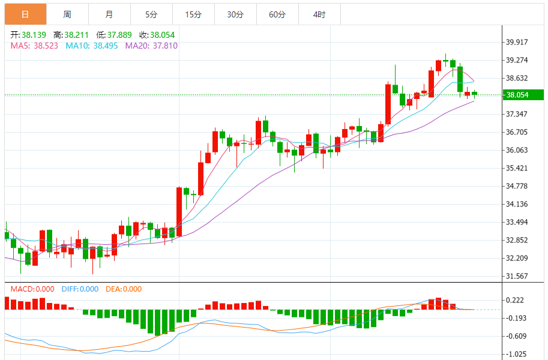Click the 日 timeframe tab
pyautogui.click(x=25, y=14)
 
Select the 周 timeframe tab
pyautogui.click(x=67, y=14)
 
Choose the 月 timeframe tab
pyautogui.click(x=109, y=14)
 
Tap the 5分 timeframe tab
pyautogui.click(x=151, y=14)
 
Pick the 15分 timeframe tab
pyautogui.click(x=193, y=14)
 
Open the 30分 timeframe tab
pyautogui.click(x=235, y=14)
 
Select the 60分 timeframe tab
pyautogui.click(x=277, y=14)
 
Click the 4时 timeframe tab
pyautogui.click(x=319, y=14)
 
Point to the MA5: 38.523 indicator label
pyautogui.click(x=34, y=46)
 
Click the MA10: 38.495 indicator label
pyautogui.click(x=91, y=46)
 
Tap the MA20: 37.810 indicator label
pyautogui.click(x=151, y=46)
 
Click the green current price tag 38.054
pyautogui.click(x=523, y=95)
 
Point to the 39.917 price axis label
pyautogui.click(x=517, y=42)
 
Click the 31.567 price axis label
pyautogui.click(x=517, y=276)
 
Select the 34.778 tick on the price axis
pyautogui.click(x=517, y=186)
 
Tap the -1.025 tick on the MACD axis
pyautogui.click(x=517, y=354)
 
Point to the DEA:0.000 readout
pyautogui.click(x=124, y=289)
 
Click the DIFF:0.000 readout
pyautogui.click(x=80, y=289)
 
